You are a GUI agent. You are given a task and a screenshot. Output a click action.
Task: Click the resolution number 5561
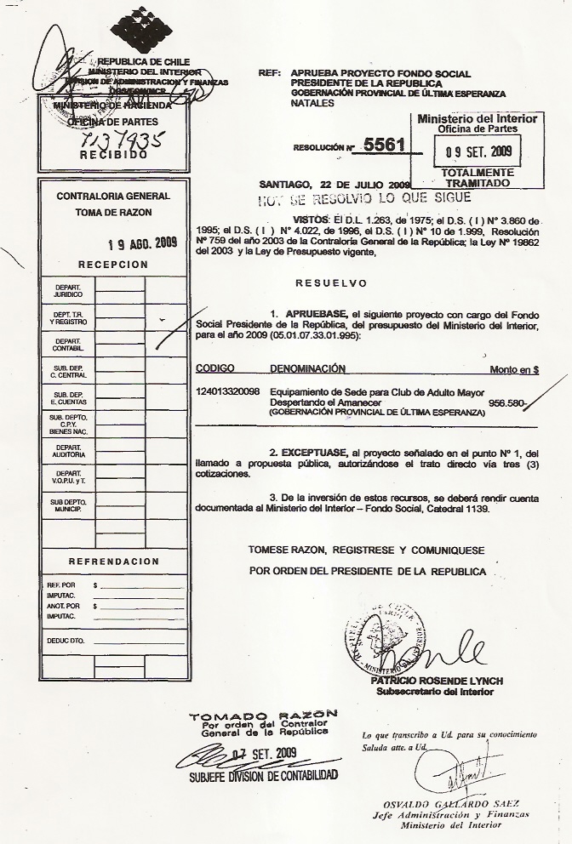coord(383,145)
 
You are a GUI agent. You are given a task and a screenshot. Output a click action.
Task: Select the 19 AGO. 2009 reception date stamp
coord(142,242)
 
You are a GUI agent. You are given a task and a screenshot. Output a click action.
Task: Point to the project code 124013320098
coord(228,392)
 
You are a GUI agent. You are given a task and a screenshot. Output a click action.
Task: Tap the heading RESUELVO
coord(331,283)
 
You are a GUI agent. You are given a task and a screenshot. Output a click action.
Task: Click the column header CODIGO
coord(215,369)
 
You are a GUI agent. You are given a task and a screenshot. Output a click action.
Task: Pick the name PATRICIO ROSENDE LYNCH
coord(437,681)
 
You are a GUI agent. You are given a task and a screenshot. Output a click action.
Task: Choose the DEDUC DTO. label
coord(66,639)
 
